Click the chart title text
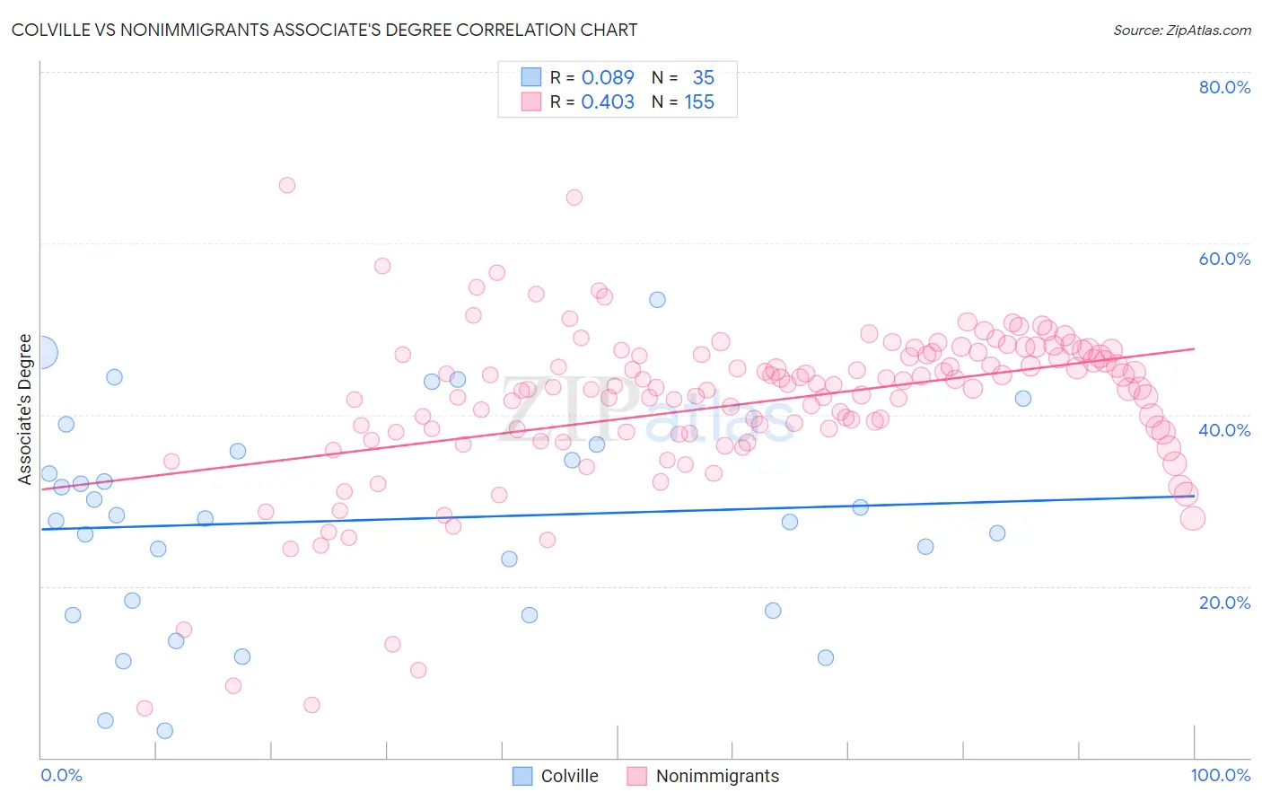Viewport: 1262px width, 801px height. (324, 30)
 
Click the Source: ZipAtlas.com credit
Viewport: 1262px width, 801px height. (1181, 30)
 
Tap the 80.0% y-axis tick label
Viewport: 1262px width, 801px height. (1224, 87)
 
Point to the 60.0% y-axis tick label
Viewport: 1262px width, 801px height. (1224, 259)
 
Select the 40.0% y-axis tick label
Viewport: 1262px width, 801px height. (1224, 430)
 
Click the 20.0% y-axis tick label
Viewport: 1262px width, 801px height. (1224, 603)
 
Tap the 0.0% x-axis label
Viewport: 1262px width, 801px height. (61, 775)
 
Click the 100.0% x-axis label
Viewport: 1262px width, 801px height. (1220, 775)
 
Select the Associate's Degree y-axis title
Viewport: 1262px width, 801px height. (24, 409)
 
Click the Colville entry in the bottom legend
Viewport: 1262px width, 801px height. (568, 776)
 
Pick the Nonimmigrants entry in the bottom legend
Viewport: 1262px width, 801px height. (716, 776)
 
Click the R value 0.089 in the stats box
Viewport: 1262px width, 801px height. (608, 78)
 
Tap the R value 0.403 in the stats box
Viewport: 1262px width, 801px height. (608, 102)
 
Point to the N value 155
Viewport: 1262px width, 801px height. (699, 102)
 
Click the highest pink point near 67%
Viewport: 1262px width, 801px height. (287, 185)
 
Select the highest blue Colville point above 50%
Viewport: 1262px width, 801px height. (658, 300)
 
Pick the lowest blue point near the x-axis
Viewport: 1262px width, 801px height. (165, 731)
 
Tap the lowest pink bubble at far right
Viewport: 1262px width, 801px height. (1192, 518)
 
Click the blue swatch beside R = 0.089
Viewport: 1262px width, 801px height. (531, 77)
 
